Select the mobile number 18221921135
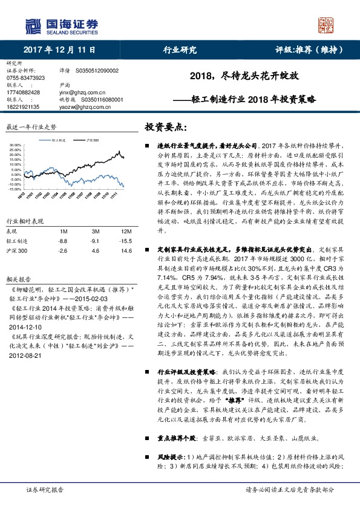coord(22,106)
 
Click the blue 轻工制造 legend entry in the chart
coord(58,140)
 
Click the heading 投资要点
coord(163,128)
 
